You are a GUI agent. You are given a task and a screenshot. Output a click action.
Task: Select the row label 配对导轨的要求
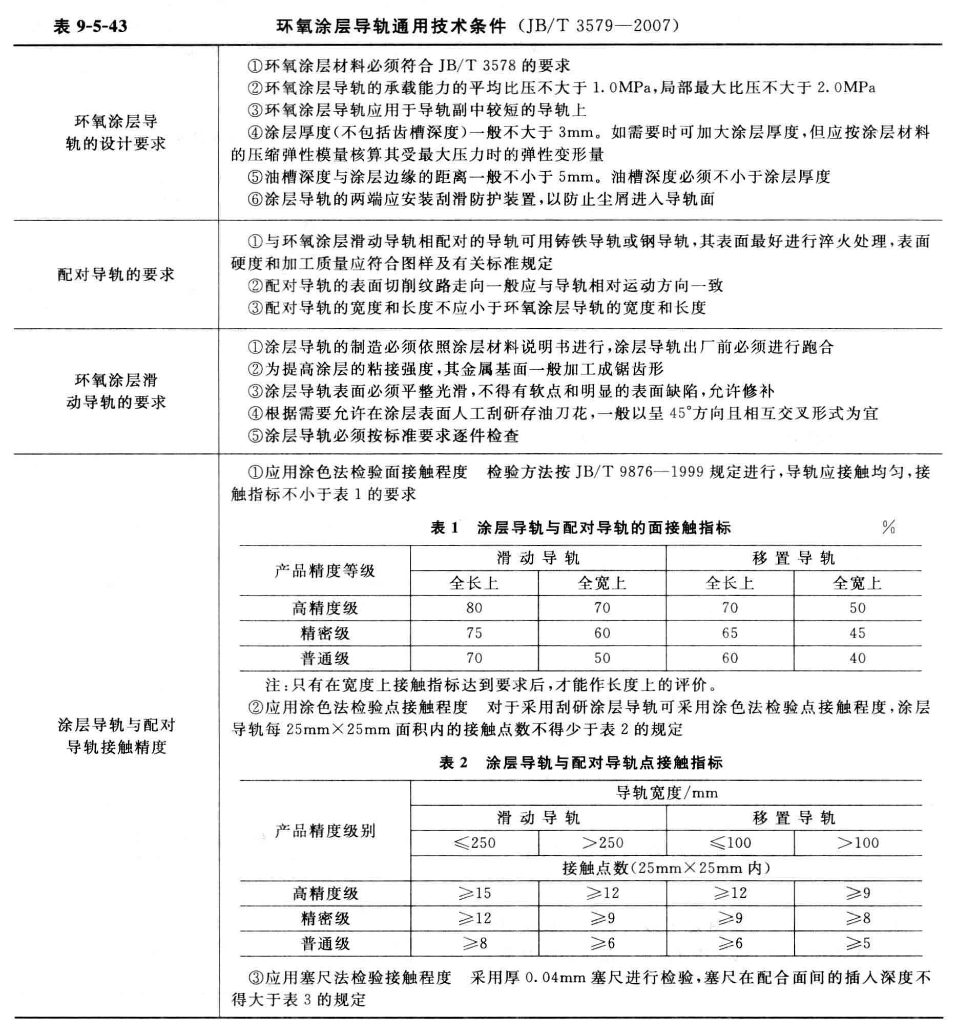click(x=116, y=274)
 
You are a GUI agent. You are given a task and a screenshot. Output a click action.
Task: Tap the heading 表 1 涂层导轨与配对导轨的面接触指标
click(x=580, y=528)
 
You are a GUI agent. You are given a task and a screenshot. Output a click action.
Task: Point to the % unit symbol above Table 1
click(x=888, y=527)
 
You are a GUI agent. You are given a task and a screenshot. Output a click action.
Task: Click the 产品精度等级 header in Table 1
click(x=325, y=570)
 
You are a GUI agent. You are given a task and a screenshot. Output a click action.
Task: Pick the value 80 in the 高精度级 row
click(x=474, y=608)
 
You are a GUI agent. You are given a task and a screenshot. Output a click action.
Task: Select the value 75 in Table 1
click(x=474, y=632)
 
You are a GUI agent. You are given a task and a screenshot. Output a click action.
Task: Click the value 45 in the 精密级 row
click(x=858, y=632)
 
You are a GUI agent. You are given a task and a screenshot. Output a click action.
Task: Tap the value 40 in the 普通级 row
click(x=858, y=658)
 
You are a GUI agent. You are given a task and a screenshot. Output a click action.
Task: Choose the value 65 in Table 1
click(x=730, y=632)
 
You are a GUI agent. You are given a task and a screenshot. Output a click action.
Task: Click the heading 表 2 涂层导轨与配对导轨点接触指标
click(x=580, y=763)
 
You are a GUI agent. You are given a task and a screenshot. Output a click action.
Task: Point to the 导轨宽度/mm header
click(x=667, y=793)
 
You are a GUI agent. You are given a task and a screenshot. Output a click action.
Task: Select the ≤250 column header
click(x=474, y=843)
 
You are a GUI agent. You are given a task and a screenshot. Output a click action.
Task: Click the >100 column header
click(x=858, y=843)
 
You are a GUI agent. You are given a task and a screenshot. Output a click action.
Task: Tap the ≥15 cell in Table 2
click(x=474, y=893)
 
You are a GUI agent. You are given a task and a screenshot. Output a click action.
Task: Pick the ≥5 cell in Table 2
click(x=858, y=943)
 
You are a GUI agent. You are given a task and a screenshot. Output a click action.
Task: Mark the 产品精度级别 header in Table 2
click(x=325, y=831)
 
